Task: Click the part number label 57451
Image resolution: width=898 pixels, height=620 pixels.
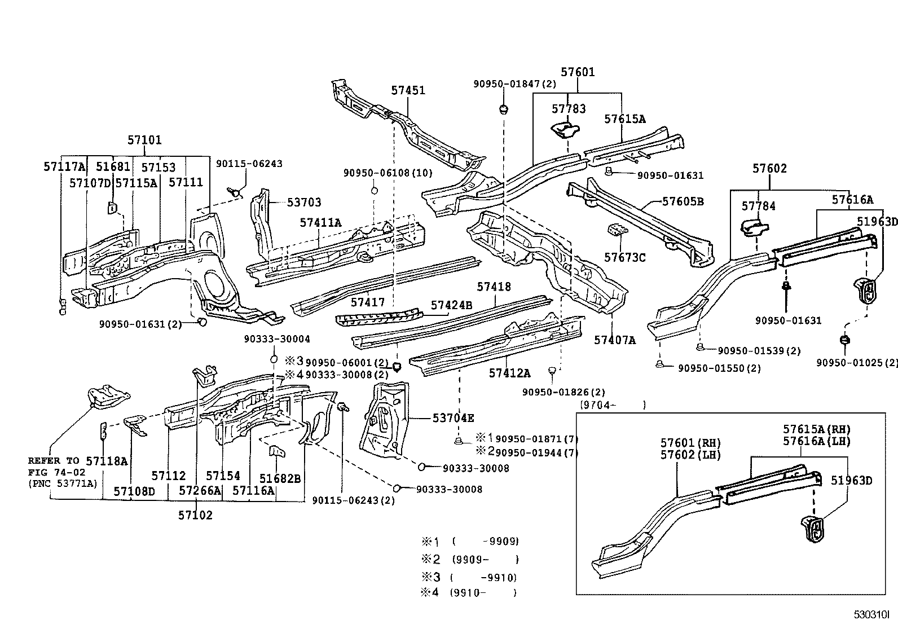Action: coord(408,90)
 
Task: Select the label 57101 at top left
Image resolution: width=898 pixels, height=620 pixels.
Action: coord(144,140)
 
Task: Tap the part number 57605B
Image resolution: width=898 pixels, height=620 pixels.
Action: coord(683,201)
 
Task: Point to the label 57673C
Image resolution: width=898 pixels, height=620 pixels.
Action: coord(624,257)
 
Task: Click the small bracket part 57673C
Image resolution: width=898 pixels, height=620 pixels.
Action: coord(617,232)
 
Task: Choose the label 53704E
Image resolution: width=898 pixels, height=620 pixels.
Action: coord(453,418)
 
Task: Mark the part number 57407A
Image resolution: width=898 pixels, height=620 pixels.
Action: coord(614,340)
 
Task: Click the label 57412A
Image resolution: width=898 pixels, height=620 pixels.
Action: coord(509,373)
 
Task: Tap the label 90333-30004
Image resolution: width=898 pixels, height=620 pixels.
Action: coord(277,339)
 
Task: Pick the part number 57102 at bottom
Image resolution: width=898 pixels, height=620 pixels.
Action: coord(195,515)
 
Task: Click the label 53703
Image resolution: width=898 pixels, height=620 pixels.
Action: coord(304,202)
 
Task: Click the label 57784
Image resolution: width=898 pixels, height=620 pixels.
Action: coord(758,206)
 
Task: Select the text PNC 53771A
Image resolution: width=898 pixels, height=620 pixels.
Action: coord(63,483)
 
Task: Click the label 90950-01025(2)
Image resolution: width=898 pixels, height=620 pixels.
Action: coord(856,362)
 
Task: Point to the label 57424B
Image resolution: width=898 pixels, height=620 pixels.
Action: coord(451,305)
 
